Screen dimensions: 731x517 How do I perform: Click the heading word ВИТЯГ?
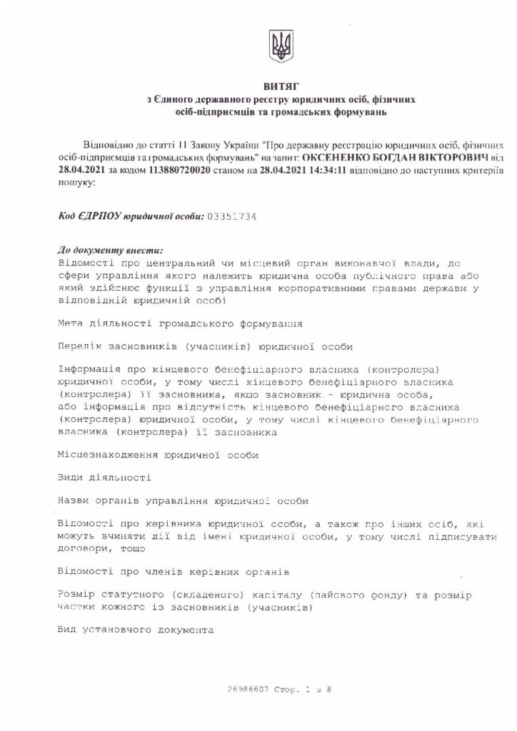click(x=278, y=86)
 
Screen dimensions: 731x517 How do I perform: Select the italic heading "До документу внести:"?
click(x=110, y=251)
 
